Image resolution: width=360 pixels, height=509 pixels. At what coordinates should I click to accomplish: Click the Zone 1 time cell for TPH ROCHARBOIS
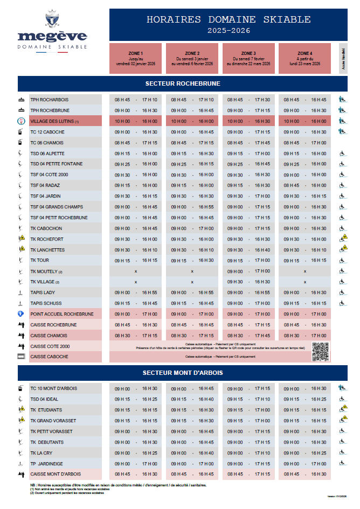(x=136, y=100)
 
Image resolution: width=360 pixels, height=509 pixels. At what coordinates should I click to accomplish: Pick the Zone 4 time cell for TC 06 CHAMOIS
(x=304, y=143)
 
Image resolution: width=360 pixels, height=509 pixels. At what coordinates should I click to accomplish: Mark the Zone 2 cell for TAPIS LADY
(x=192, y=292)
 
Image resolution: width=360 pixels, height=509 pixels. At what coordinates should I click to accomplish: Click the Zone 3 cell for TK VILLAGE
(x=249, y=282)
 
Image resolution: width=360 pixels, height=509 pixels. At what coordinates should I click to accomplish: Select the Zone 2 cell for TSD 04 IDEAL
(x=192, y=399)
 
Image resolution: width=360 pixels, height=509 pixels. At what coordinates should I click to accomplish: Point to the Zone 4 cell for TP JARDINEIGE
(x=304, y=463)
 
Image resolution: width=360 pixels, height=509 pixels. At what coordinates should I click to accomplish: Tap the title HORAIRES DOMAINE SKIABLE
(x=229, y=20)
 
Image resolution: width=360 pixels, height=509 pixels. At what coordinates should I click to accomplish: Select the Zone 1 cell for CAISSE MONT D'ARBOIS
(x=136, y=474)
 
